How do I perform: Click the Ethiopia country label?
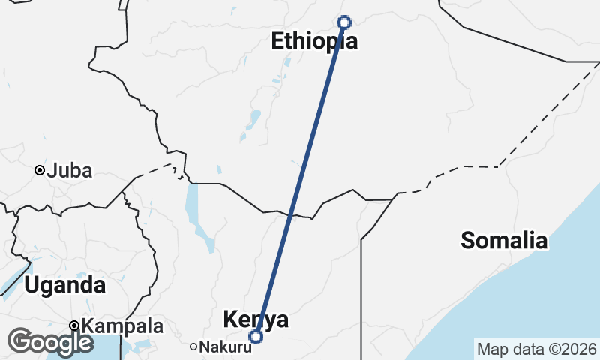314,41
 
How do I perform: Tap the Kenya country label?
256,319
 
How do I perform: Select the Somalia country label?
504,241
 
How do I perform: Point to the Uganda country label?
64,285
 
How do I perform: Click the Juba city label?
69,171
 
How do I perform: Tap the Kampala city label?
122,326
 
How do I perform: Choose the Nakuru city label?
221,346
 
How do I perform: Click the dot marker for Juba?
39,171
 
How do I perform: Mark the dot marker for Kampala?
74,326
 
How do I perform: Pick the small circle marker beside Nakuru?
193,346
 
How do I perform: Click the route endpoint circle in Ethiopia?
344,22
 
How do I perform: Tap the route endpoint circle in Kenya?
256,337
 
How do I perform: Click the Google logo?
50,342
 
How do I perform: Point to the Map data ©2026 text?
536,349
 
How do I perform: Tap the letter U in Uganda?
32,285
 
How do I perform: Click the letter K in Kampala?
88,326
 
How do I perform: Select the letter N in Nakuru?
205,346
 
